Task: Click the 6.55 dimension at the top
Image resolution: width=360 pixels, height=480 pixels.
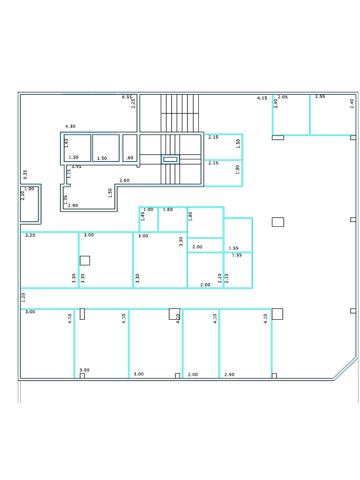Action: pyautogui.click(x=127, y=97)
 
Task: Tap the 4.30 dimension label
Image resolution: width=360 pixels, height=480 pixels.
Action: pyautogui.click(x=70, y=127)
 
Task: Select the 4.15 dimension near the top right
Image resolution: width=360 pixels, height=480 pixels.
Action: pyautogui.click(x=262, y=98)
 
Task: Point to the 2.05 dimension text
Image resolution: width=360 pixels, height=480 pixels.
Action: pyautogui.click(x=283, y=97)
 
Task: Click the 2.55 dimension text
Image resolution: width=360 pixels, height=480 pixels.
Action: pyautogui.click(x=320, y=96)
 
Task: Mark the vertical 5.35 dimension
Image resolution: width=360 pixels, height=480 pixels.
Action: pyautogui.click(x=25, y=175)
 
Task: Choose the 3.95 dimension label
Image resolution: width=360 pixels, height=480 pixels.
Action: pyautogui.click(x=76, y=166)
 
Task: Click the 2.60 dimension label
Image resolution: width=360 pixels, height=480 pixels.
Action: pyautogui.click(x=124, y=180)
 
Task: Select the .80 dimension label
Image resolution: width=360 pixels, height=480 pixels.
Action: pyautogui.click(x=130, y=158)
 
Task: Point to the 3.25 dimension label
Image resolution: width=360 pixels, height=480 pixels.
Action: pyautogui.click(x=30, y=235)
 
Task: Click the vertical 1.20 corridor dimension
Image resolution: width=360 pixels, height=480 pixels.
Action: pyautogui.click(x=23, y=297)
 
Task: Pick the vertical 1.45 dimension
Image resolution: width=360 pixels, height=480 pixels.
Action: pyautogui.click(x=143, y=216)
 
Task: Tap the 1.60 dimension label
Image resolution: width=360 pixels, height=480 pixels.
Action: pyautogui.click(x=168, y=210)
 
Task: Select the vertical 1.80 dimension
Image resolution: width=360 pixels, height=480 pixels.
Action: pyautogui.click(x=190, y=216)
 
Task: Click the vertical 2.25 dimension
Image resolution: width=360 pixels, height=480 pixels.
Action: pyautogui.click(x=133, y=104)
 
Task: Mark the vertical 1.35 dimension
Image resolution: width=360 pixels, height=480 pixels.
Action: pyautogui.click(x=66, y=200)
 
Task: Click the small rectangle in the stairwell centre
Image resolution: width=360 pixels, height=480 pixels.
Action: pyautogui.click(x=170, y=159)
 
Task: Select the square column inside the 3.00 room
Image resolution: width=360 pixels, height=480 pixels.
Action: pyautogui.click(x=85, y=261)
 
